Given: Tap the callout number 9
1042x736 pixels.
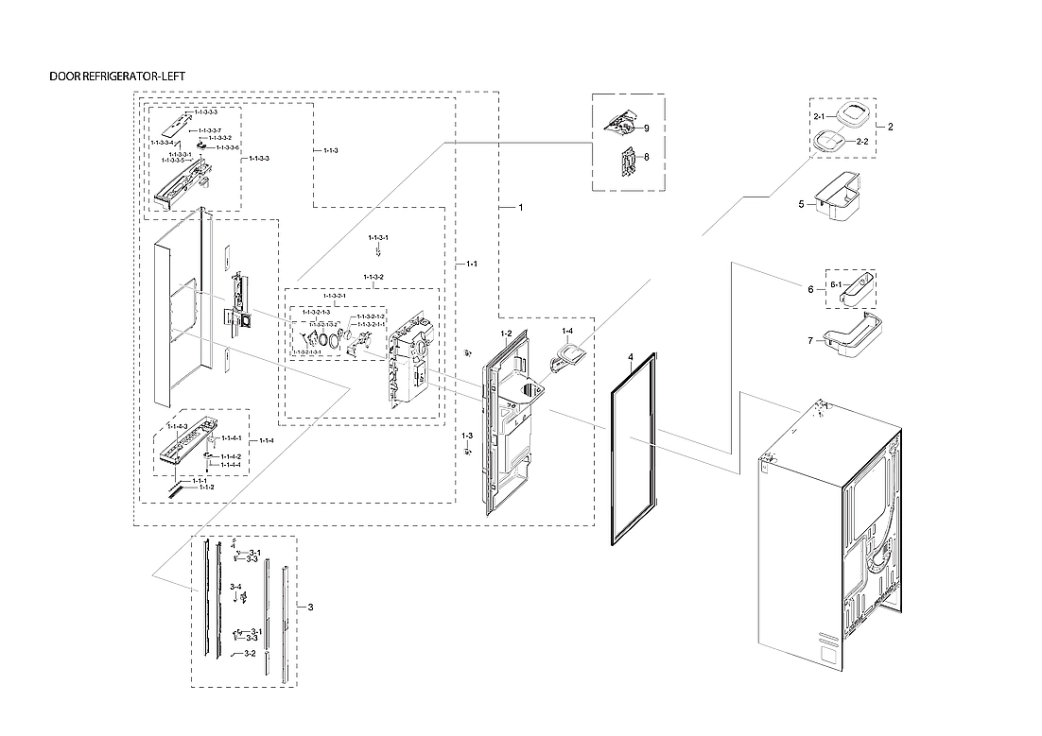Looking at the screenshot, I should point(646,127).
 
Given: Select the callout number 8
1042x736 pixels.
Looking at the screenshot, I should point(646,158).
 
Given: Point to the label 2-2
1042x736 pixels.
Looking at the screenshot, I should point(861,141).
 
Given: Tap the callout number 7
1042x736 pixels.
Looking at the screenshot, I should point(810,340).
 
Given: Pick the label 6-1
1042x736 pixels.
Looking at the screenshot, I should point(836,284).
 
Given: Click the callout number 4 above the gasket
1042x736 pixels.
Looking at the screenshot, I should point(629,358).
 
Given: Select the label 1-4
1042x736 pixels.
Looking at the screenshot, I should point(567,332).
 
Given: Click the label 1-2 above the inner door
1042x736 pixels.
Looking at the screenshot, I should point(506,334).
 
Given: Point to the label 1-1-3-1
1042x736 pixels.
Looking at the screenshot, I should point(376,237).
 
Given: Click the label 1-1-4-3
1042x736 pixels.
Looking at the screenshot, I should point(178,426).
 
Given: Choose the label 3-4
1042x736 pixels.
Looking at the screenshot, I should point(235,587).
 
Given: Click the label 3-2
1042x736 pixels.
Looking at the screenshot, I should point(250,653).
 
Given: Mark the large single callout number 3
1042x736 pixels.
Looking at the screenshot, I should point(311,606).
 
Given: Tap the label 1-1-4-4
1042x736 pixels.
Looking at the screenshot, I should point(231,465).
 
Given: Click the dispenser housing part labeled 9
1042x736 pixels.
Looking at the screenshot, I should point(619,122).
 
